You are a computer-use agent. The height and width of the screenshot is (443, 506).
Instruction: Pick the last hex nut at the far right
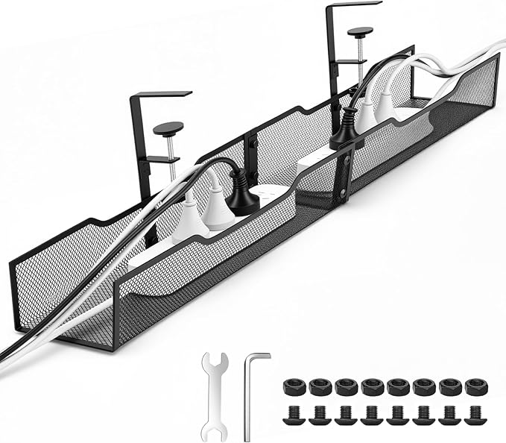[475, 387]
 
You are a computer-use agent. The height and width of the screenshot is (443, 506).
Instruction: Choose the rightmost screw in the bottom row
[475, 414]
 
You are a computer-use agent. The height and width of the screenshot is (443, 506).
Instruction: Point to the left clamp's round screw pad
[168, 128]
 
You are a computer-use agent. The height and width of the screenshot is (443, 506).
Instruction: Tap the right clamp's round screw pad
[361, 32]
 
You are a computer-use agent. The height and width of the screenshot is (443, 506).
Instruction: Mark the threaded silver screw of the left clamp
[172, 153]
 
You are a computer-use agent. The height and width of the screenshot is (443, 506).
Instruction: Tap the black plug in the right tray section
[344, 131]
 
